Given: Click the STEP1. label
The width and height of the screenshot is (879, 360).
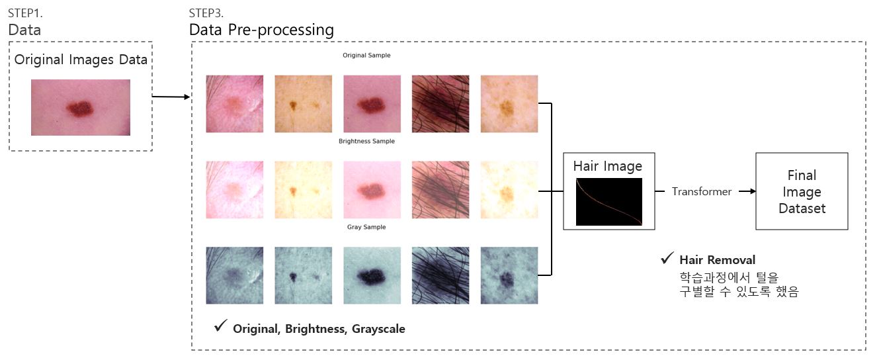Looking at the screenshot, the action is pos(25,13).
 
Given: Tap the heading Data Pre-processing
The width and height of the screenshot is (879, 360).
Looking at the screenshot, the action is pos(261,30).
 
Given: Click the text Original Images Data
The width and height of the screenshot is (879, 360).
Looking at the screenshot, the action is pos(81,60).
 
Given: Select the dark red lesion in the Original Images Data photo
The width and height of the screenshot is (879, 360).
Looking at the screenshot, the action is pos(79,109).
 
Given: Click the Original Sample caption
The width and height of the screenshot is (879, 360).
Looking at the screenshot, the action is pos(366,56).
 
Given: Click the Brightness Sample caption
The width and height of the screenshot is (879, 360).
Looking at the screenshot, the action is pos(366,142).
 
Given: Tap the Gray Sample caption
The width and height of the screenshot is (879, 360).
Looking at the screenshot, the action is pos(366,227).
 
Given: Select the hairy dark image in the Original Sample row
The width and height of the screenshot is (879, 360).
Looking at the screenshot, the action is pos(440,104).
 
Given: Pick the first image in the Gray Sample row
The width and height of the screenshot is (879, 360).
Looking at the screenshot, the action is pos(235,275).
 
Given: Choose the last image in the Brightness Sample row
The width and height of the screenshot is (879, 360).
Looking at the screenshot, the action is pos(509,190).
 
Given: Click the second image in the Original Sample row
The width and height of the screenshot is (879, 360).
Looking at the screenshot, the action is pos(304,104).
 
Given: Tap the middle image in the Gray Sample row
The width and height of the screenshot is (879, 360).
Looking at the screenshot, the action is pos(372,275).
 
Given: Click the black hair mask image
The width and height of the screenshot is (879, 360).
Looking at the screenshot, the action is pos(609,202).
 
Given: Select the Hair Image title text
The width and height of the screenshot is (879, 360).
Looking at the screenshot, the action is pos(607,166).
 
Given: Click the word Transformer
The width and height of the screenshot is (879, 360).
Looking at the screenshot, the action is pos(702,192).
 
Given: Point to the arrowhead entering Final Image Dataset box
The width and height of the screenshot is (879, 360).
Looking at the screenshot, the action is pos(753,191).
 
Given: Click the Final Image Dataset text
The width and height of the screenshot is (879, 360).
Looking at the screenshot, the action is pos(802,192).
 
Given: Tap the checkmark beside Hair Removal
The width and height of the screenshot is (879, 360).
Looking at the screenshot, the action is pos(667,258).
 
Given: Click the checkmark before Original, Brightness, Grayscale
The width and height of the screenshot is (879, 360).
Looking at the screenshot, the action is pos(220,326).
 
